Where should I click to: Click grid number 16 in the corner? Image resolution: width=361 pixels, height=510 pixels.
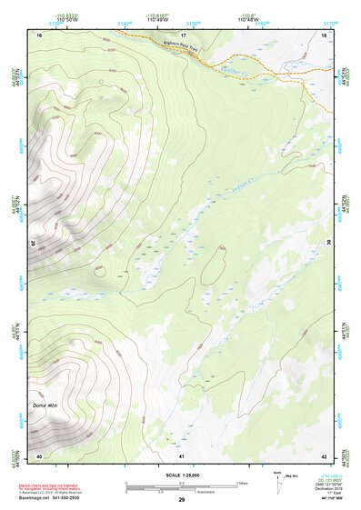39,35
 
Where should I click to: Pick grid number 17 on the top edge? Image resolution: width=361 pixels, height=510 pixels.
182,35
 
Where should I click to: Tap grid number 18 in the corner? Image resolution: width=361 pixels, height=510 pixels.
324,35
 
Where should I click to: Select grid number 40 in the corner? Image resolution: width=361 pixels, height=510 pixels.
39,455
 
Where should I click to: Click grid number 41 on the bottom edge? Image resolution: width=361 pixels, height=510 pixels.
182,455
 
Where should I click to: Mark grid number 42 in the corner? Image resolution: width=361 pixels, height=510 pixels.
324,455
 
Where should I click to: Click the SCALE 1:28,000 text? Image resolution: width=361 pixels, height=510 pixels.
181,475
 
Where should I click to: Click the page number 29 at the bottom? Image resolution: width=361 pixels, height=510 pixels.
181,501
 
